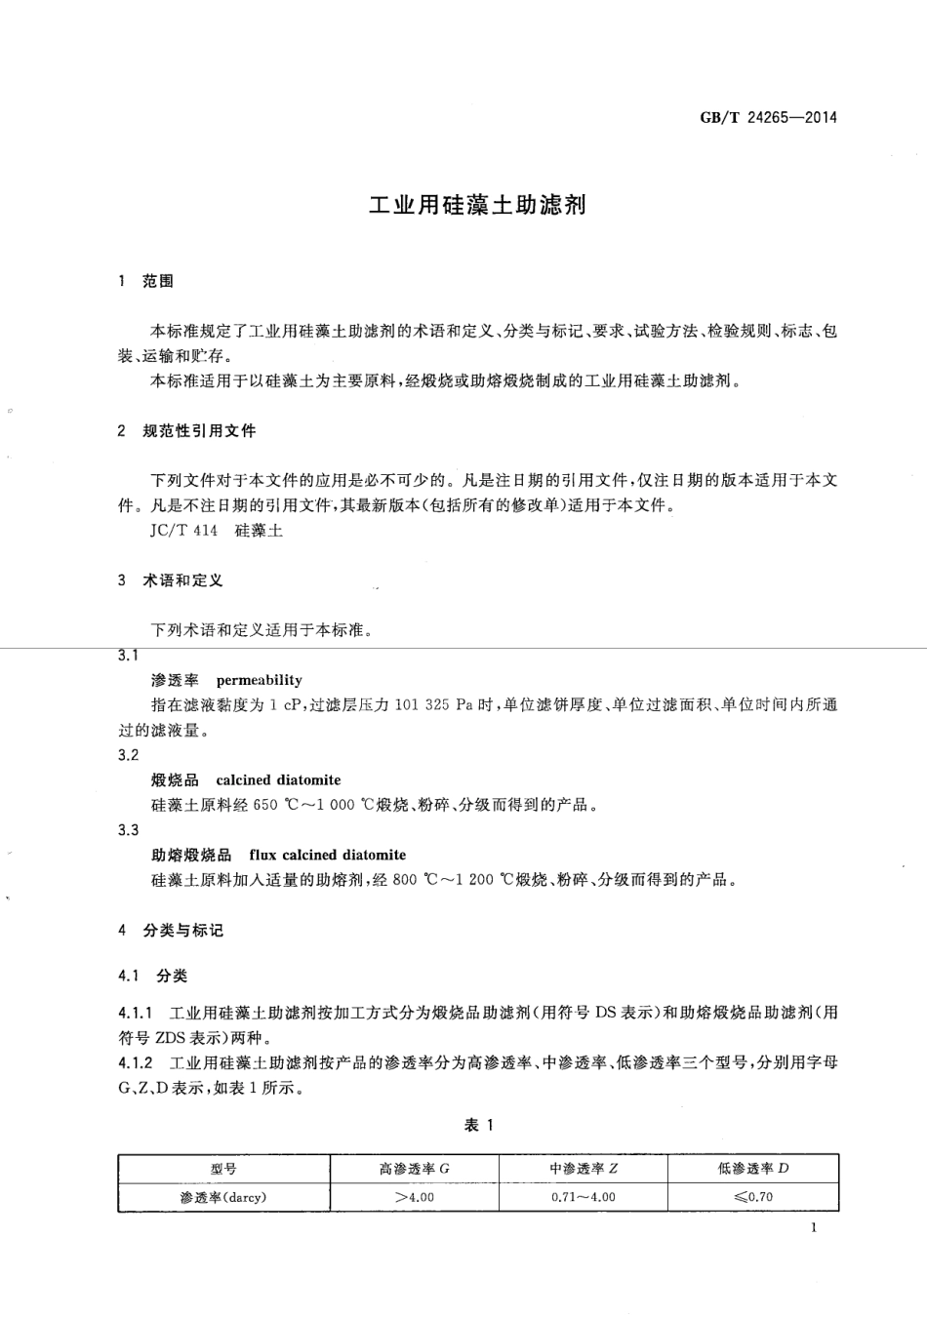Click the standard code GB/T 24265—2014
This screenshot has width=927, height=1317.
[x=768, y=119]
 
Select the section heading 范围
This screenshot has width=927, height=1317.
[x=158, y=281]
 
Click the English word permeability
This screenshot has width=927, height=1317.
[x=259, y=680]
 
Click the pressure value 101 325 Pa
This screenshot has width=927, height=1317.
[x=433, y=705]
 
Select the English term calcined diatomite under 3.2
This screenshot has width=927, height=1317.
[x=278, y=780]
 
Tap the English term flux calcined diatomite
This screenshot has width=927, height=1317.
[x=327, y=855]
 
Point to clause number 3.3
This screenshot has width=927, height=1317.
[x=128, y=830]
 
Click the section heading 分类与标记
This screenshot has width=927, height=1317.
[x=183, y=931]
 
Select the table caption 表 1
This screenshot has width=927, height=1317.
[x=478, y=1125]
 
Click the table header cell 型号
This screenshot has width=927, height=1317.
[x=223, y=1169]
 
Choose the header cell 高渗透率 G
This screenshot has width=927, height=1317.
[x=414, y=1169]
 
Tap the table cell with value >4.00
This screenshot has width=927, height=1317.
[x=414, y=1197]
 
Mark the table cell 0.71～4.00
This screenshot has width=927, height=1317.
[x=583, y=1197]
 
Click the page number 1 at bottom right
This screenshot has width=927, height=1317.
[x=813, y=1227]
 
